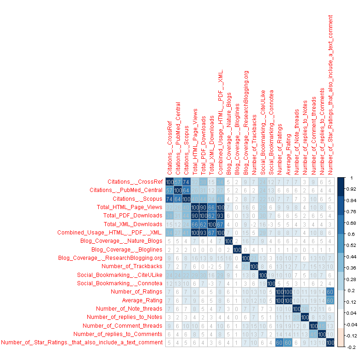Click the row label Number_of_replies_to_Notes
coord(125,317)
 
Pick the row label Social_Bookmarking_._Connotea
coord(120,283)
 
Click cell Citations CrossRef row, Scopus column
coord(186,182)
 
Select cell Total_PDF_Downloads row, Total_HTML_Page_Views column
coord(195,216)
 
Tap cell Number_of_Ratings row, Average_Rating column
coord(288,292)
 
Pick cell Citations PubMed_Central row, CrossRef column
coord(169,190)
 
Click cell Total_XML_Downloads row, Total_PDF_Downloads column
coord(203,224)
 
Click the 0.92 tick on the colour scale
coord(350,189)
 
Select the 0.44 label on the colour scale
coord(351,256)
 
